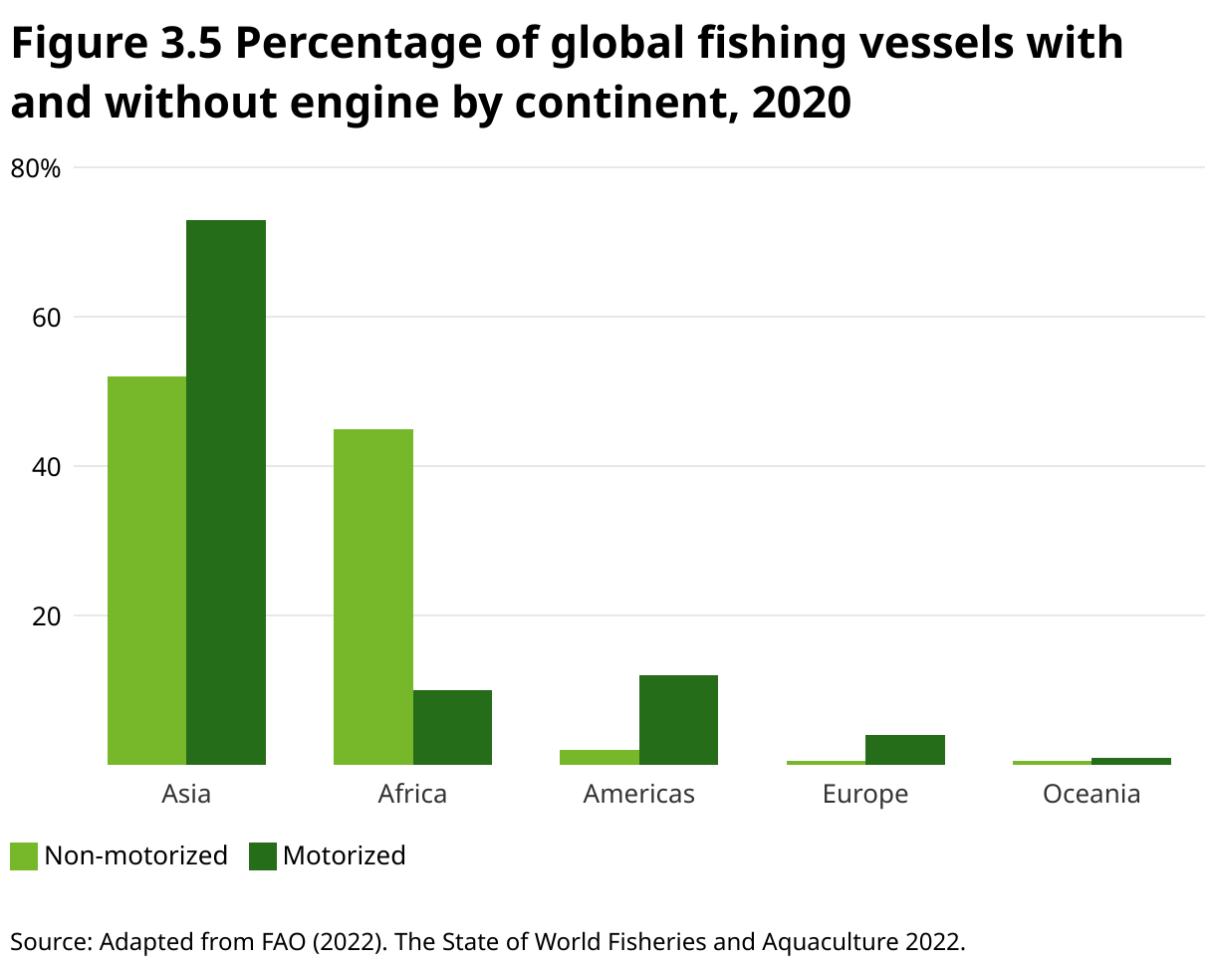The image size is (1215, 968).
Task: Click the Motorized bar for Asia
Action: [226, 492]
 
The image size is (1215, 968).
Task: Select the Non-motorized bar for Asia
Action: [146, 571]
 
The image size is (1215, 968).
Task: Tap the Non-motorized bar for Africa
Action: [373, 597]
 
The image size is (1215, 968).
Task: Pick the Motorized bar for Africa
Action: [452, 727]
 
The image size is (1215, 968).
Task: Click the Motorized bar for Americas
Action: [678, 720]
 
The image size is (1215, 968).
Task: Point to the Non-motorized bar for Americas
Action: [600, 757]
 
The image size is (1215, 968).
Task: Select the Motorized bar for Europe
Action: [904, 750]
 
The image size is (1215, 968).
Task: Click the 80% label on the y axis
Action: [36, 169]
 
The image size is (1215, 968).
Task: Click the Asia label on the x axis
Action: [186, 794]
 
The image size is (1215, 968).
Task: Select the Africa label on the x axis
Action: [412, 794]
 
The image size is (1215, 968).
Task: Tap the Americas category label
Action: [638, 794]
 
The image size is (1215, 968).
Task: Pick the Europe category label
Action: [865, 794]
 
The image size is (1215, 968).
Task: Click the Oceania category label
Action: [1092, 794]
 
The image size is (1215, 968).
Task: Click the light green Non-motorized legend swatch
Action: [24, 856]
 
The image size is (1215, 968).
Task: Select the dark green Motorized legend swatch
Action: [262, 856]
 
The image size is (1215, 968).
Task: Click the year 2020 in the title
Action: [801, 104]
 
